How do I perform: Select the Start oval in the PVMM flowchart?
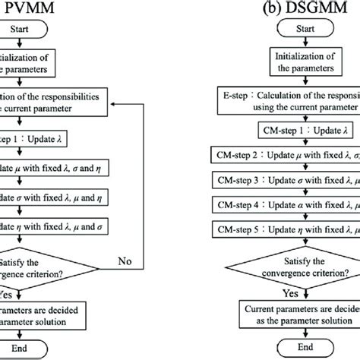pos(20,31)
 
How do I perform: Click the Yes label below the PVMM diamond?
pos(11,292)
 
